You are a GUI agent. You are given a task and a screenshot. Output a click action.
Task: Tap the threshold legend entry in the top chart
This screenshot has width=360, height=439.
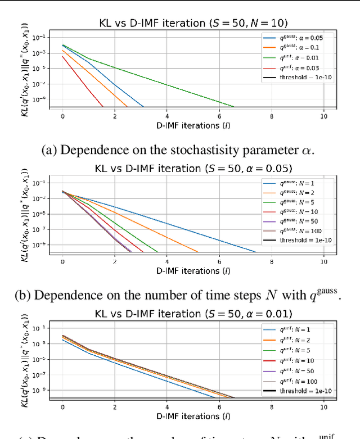pyautogui.click(x=298, y=77)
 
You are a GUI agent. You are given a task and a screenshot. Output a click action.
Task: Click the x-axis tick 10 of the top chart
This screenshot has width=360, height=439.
pyautogui.click(x=323, y=116)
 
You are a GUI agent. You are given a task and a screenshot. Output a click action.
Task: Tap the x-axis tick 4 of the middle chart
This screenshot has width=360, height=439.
pyautogui.click(x=166, y=261)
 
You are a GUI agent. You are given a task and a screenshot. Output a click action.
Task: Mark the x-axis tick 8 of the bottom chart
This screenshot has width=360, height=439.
pyautogui.click(x=271, y=407)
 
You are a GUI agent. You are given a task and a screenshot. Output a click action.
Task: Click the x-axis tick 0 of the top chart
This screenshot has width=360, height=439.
pyautogui.click(x=62, y=116)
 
